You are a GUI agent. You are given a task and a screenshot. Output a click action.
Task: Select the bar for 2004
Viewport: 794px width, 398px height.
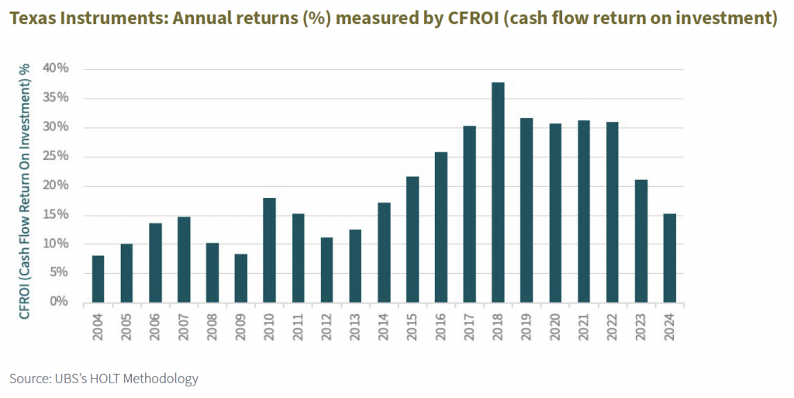pyautogui.click(x=98, y=279)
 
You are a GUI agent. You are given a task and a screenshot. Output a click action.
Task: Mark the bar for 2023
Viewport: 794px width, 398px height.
pyautogui.click(x=640, y=241)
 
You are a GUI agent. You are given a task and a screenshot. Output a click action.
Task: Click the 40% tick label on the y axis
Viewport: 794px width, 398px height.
pyautogui.click(x=56, y=69)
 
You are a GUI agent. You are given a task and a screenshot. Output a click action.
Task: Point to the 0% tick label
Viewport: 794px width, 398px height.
pyautogui.click(x=59, y=302)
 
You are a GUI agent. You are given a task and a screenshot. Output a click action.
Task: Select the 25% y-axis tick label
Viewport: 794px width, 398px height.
pyautogui.click(x=56, y=157)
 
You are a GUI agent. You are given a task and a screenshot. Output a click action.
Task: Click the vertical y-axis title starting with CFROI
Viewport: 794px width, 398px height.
pyautogui.click(x=25, y=191)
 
